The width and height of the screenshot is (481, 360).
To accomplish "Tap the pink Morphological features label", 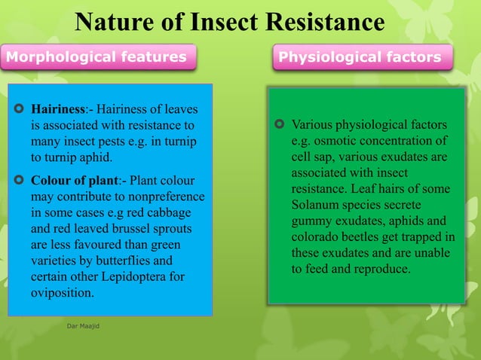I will (97, 56).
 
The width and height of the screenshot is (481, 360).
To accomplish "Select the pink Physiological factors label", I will (360, 56).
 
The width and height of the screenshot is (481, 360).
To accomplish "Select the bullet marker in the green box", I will (280, 124).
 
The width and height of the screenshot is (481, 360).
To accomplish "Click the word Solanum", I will (317, 205).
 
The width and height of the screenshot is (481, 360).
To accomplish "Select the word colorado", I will (317, 236).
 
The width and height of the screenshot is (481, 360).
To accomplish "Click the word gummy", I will (312, 221).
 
